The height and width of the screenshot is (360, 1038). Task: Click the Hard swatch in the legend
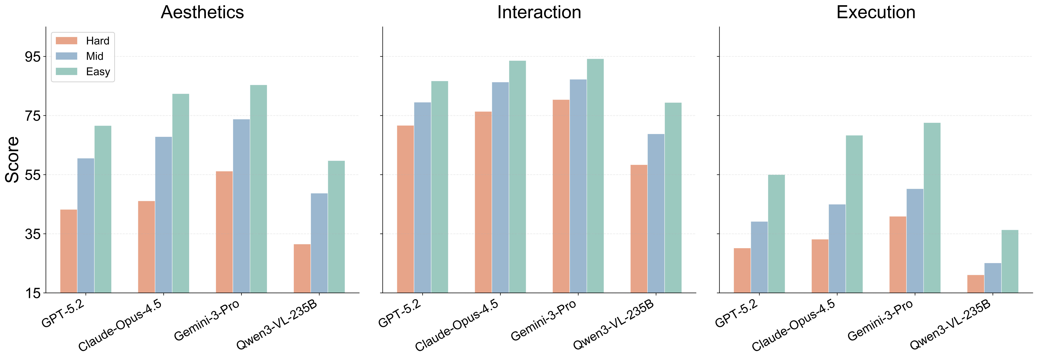click(x=66, y=41)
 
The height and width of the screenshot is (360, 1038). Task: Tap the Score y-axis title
click(x=12, y=160)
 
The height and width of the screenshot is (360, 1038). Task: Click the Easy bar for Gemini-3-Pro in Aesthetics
click(x=258, y=189)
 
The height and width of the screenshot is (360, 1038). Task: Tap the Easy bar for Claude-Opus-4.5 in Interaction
click(x=517, y=177)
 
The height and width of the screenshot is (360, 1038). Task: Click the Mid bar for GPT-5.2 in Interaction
click(x=422, y=198)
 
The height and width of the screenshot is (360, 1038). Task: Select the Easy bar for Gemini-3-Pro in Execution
click(x=932, y=208)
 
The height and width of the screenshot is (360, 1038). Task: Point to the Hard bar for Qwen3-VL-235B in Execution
click(x=976, y=284)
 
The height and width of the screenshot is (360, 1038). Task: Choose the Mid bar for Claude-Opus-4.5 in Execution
click(x=837, y=248)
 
